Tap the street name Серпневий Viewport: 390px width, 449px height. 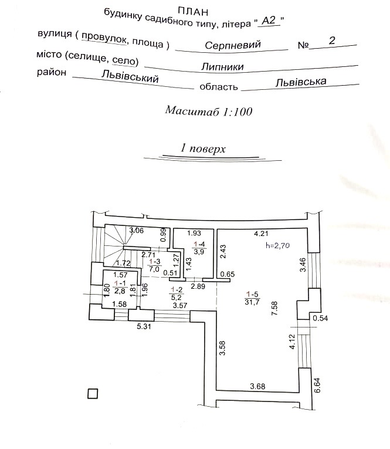(x=233, y=45)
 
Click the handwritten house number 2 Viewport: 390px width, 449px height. (x=333, y=40)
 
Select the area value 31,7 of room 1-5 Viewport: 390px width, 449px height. (x=253, y=302)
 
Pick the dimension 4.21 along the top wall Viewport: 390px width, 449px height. (x=261, y=234)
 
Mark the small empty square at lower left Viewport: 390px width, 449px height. (x=92, y=394)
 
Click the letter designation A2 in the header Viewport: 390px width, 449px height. (x=269, y=21)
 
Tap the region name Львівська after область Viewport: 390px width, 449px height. (x=300, y=83)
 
